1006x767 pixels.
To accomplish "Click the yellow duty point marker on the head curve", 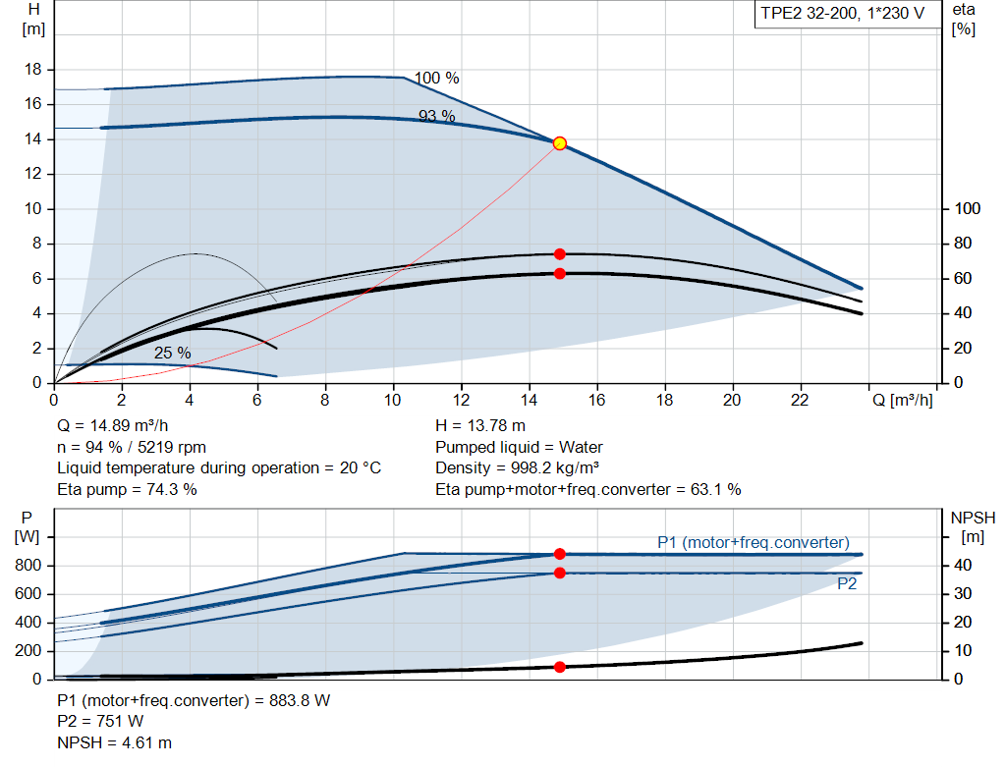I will click(x=560, y=143).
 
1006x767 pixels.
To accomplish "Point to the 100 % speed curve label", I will click(x=436, y=79).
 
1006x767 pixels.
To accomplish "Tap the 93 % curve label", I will click(x=437, y=116).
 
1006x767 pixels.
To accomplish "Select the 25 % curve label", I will click(x=172, y=353).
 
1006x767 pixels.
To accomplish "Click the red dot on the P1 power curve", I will click(x=560, y=554).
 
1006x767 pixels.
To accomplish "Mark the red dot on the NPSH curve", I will click(x=560, y=667).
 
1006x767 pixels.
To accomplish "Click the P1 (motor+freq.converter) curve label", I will click(x=753, y=542).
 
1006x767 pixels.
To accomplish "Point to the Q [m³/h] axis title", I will click(x=902, y=401).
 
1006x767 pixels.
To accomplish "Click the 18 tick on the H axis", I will click(x=32, y=70).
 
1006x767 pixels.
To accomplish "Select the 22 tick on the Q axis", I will click(x=800, y=401).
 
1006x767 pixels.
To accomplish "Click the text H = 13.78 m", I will click(x=480, y=426).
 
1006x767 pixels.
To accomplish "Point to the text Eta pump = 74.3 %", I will click(x=127, y=489).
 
